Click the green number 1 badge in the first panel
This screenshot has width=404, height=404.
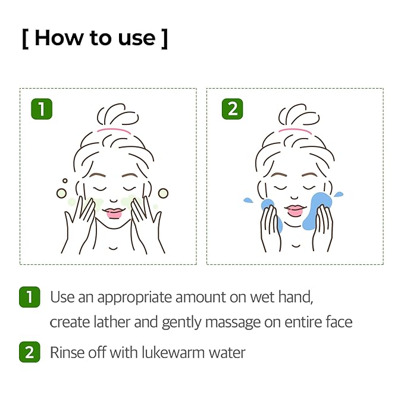click(x=42, y=109)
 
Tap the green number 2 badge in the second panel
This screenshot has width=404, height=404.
click(x=232, y=109)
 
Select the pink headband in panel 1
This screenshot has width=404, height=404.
click(x=114, y=130)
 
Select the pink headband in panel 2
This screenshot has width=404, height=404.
click(x=296, y=130)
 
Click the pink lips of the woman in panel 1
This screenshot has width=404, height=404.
click(x=114, y=212)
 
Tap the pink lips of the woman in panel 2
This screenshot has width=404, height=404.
click(x=296, y=211)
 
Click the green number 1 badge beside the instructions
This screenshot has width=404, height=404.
click(x=29, y=296)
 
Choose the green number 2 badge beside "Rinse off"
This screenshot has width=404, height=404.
click(x=29, y=352)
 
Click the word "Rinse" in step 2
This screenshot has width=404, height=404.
click(x=67, y=352)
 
